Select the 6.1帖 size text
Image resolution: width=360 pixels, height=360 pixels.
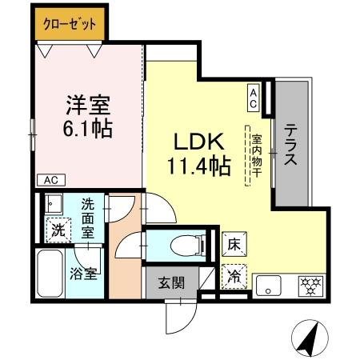click(88, 127)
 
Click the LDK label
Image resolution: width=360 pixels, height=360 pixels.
click(197, 142)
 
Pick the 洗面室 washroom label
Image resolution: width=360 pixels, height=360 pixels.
click(88, 216)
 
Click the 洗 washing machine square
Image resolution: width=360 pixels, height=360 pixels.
click(58, 230)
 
